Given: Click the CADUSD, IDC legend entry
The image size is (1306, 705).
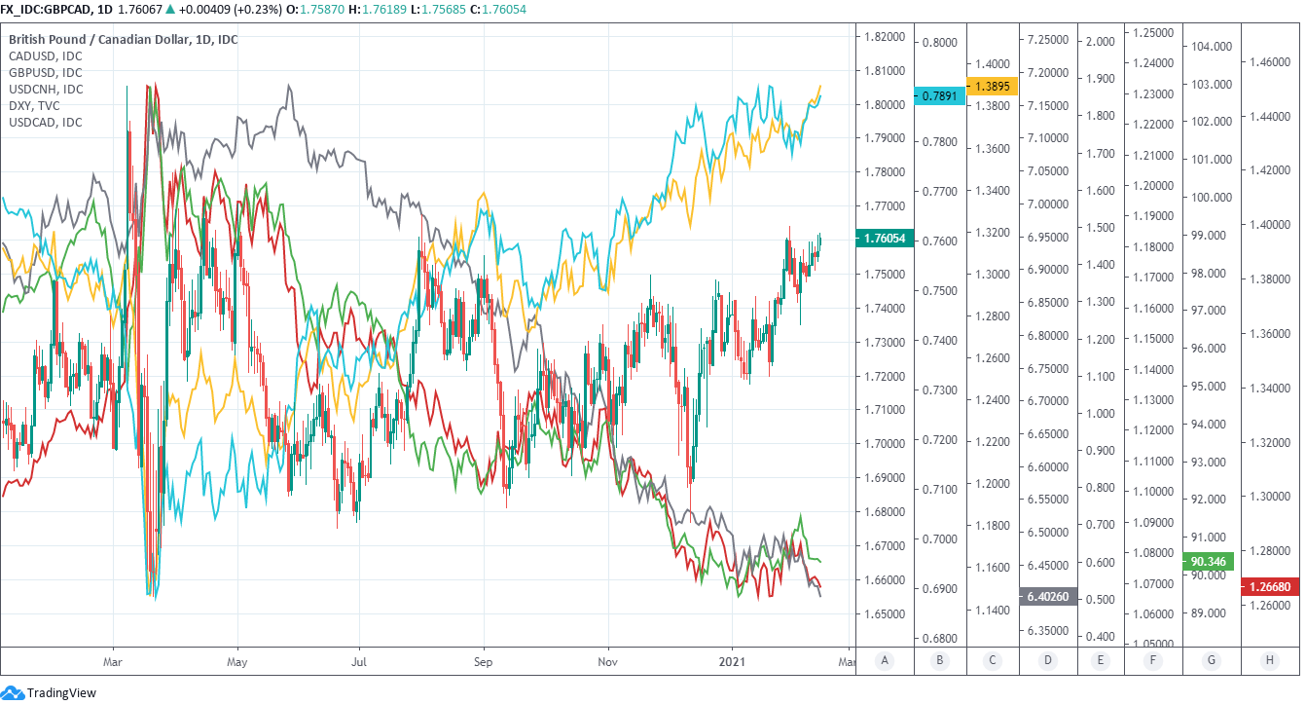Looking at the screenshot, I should (46, 56).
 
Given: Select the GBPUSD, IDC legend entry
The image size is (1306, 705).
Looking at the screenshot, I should (46, 73).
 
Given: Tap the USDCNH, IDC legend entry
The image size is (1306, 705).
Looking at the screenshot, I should (47, 90).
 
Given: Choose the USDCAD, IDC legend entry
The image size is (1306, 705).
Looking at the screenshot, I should (46, 123).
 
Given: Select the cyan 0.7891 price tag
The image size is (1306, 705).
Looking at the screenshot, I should (940, 95).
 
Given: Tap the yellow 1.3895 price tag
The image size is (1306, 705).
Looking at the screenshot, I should (993, 86).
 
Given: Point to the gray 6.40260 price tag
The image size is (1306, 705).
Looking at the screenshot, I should (1047, 596).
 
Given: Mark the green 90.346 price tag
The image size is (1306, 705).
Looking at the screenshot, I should (1209, 561).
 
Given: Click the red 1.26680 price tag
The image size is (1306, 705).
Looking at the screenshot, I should (1270, 586).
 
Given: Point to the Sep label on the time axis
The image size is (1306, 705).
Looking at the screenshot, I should (483, 660).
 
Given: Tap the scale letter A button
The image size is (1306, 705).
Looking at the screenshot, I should (885, 661).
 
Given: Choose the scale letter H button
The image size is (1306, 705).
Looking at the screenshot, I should (1270, 661).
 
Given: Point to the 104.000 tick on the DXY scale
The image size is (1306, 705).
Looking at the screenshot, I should (1211, 46).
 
